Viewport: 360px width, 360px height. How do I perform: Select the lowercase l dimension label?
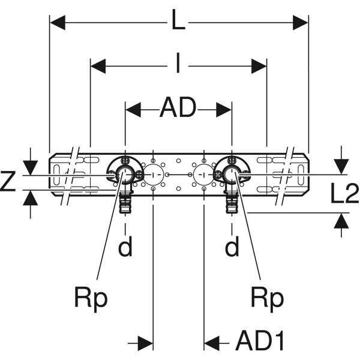pos(178,62)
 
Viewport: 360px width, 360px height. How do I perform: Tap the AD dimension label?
pos(178,107)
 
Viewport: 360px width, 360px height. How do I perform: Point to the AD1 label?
pos(260,340)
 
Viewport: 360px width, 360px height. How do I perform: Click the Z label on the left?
pos(8,181)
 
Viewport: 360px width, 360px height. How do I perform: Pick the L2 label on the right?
pos(344,193)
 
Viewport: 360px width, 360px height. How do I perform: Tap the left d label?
pos(125,246)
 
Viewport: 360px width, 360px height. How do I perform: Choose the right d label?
pos(232,246)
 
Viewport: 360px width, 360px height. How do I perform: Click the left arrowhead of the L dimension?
pos(58,23)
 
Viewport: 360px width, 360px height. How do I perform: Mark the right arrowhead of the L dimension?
pos(301,23)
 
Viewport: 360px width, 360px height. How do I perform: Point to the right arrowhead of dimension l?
pos(259,67)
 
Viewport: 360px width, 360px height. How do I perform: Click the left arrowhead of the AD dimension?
pos(133,110)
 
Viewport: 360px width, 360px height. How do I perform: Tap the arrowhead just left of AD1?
pos(211,343)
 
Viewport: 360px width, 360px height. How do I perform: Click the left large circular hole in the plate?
pos(153,175)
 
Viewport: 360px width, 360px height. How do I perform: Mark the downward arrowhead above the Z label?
pos(31,168)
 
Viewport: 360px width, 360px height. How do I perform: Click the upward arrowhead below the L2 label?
pos(341,221)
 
